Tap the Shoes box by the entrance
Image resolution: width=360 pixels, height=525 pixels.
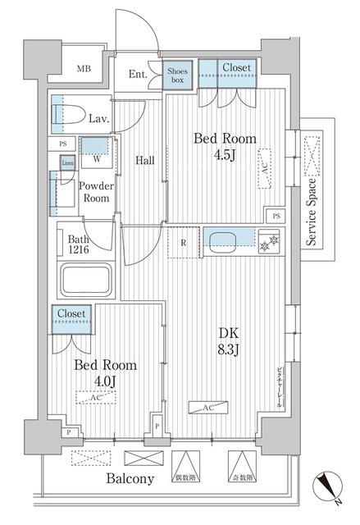[178, 76]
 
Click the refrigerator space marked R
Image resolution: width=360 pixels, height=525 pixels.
[183, 244]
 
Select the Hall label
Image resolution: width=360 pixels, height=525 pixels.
[144, 160]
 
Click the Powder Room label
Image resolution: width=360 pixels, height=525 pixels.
[95, 192]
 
